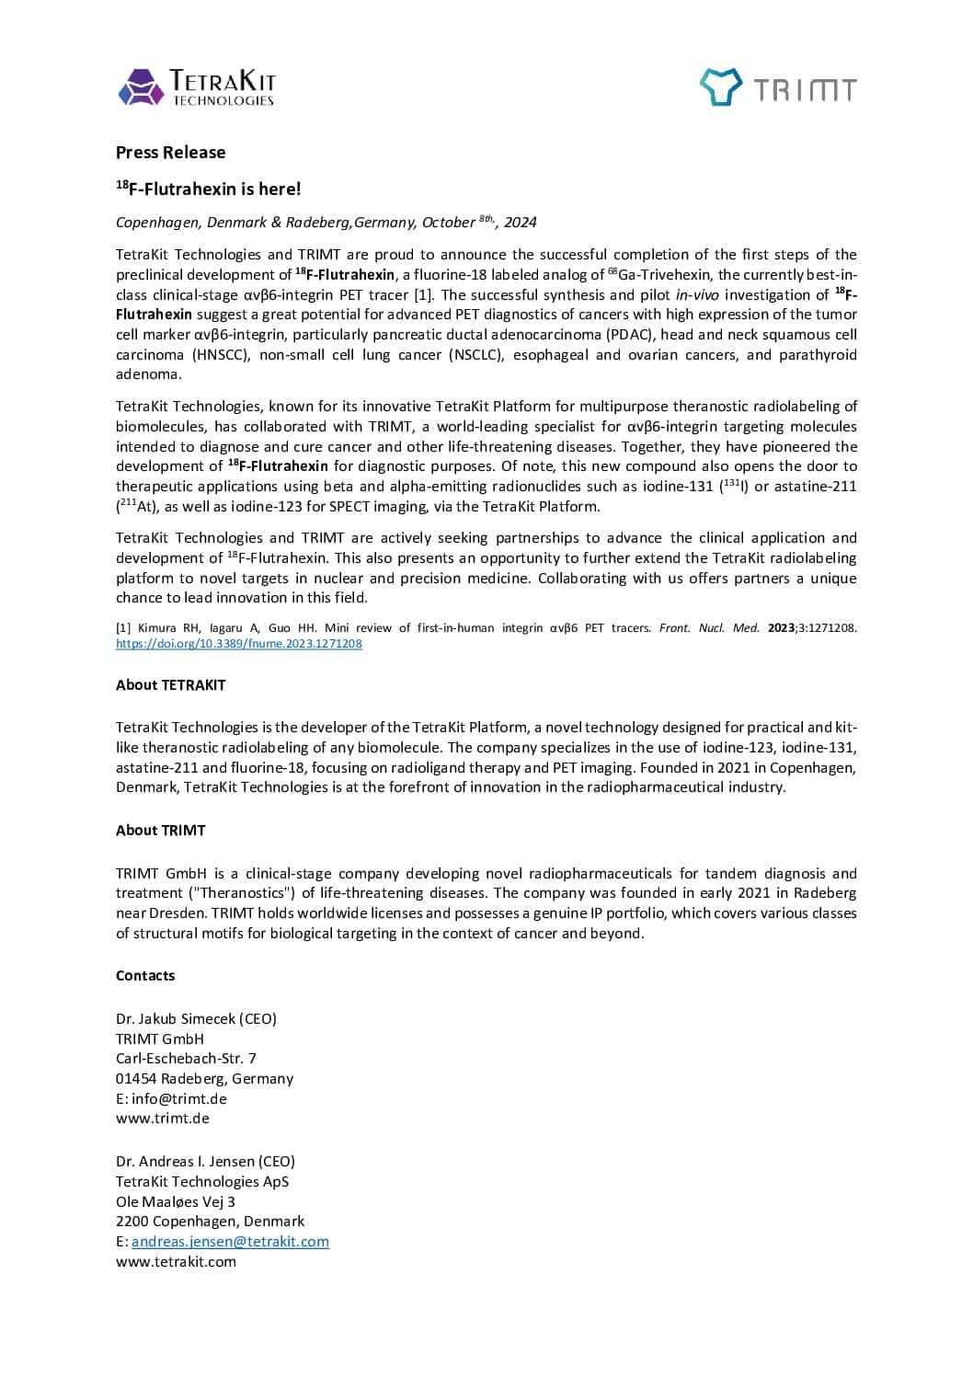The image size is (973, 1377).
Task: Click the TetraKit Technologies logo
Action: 196,87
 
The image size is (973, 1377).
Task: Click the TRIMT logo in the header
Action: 778,88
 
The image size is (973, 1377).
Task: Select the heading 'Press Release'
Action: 170,153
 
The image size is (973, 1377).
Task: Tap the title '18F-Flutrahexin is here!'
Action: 209,189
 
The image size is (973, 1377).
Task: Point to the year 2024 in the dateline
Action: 520,223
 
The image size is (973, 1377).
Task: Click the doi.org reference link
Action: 238,644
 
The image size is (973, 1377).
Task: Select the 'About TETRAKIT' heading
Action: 170,685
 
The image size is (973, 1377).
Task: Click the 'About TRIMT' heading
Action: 160,831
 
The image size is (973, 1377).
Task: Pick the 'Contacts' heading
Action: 144,976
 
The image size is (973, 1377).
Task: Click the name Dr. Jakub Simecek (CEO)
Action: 196,1019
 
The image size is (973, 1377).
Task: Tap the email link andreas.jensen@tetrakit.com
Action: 230,1242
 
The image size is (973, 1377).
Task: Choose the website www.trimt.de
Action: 162,1119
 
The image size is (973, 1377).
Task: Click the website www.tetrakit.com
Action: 176,1262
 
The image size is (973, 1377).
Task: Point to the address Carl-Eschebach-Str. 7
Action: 186,1059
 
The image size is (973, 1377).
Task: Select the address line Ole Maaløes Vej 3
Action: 175,1202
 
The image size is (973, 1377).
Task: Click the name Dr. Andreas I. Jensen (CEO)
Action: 205,1162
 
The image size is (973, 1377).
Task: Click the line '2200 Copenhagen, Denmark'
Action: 210,1222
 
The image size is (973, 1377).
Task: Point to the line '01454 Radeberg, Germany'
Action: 204,1079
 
